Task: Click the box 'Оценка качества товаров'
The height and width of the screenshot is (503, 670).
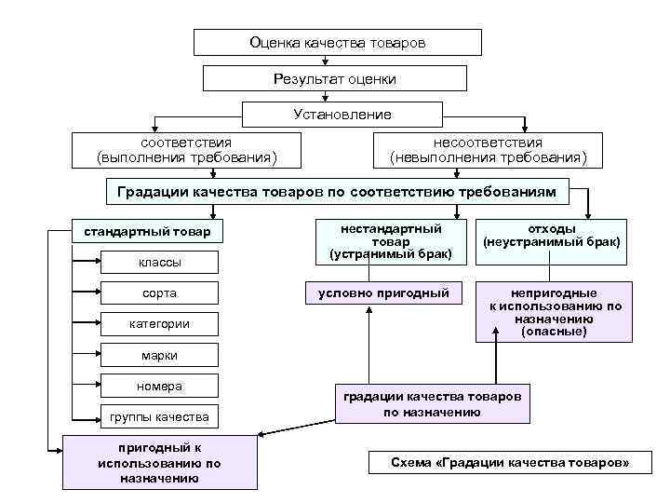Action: pyautogui.click(x=338, y=43)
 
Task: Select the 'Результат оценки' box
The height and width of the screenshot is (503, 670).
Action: pyautogui.click(x=335, y=79)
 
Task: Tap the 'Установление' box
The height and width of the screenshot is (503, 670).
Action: pyautogui.click(x=342, y=115)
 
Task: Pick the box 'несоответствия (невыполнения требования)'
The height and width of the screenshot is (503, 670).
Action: pyautogui.click(x=489, y=150)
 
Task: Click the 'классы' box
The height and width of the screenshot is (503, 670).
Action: pyautogui.click(x=159, y=263)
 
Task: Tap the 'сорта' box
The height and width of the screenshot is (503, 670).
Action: pyautogui.click(x=159, y=293)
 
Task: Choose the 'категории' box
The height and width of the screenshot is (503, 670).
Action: pyautogui.click(x=159, y=324)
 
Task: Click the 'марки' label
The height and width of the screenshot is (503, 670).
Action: pyautogui.click(x=159, y=355)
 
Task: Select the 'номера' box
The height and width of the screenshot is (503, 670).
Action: pyautogui.click(x=159, y=386)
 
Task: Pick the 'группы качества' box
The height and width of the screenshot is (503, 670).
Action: pyautogui.click(x=159, y=415)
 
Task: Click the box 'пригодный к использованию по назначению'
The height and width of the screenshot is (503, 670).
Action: pyautogui.click(x=159, y=462)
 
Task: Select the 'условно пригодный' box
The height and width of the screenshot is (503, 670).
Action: pyautogui.click(x=383, y=293)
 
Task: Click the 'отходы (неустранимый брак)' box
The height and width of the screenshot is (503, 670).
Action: pyautogui.click(x=551, y=236)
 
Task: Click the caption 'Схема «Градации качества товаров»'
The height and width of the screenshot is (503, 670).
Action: pyautogui.click(x=509, y=463)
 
